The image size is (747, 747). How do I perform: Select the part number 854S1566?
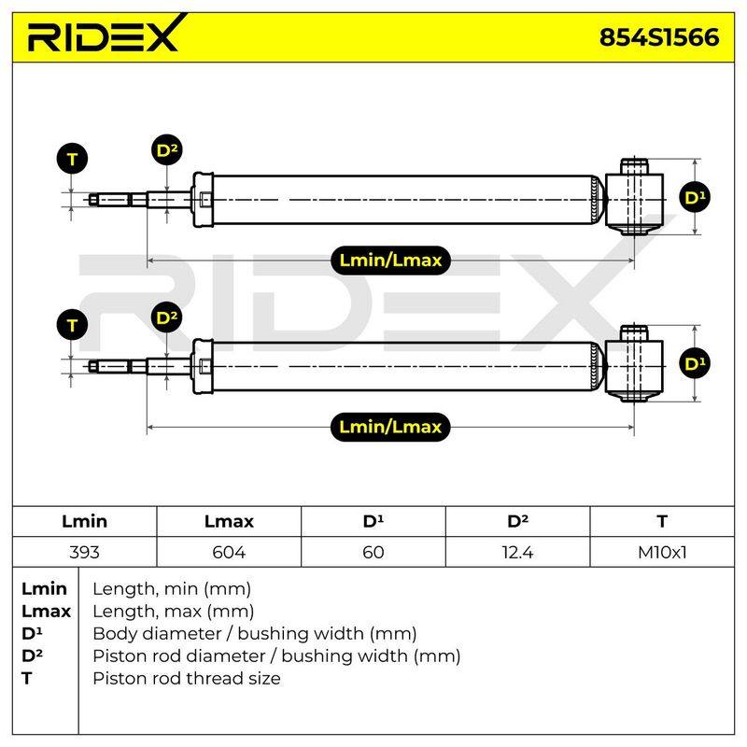659,37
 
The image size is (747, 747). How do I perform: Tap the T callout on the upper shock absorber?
72,159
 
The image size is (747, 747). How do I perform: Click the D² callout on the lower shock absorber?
167,317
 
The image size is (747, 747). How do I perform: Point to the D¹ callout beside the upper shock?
695,197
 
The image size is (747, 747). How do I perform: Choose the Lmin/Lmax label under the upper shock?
390,261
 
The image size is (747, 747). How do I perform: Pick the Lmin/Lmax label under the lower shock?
390,427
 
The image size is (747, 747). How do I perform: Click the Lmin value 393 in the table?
84,552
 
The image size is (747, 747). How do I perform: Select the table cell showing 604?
229,552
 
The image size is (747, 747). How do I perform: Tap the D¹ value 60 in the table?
373,552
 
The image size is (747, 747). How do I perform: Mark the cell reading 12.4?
517,552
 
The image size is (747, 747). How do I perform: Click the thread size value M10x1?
662,552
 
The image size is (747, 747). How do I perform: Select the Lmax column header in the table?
229,521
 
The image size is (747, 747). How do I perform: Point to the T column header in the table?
662,521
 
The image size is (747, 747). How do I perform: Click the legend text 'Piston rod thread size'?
187,679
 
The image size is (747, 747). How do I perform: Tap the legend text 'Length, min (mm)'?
172,589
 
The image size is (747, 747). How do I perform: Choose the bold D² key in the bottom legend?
32,655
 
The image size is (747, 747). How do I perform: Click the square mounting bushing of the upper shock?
634,200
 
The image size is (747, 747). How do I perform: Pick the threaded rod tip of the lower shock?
109,366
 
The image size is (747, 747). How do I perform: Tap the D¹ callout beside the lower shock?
695,364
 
